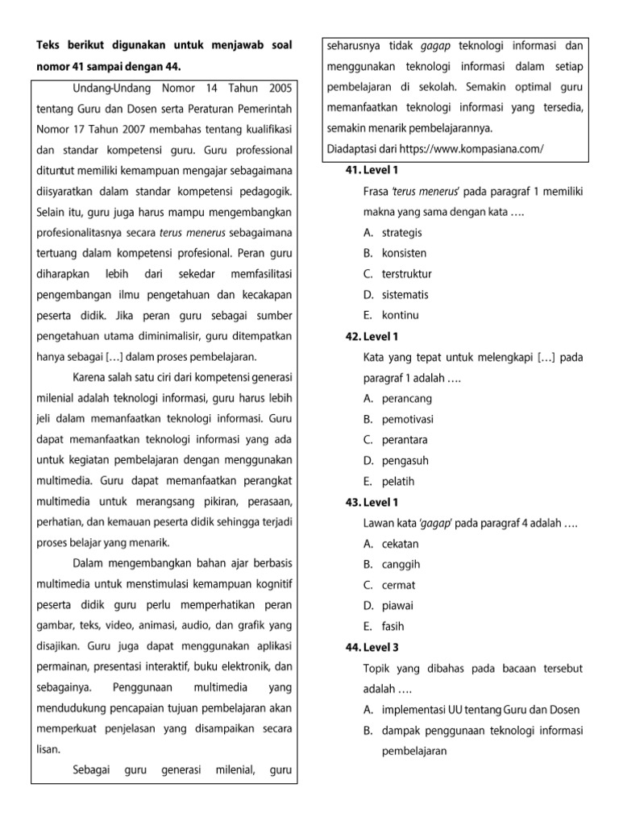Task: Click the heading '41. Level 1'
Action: (x=372, y=170)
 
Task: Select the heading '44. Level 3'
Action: (x=372, y=647)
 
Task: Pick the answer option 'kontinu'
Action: (x=401, y=315)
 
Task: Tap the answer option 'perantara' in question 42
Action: (x=405, y=440)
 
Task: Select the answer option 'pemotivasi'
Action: (x=408, y=419)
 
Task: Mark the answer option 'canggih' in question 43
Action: (x=401, y=565)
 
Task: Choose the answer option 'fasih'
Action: (x=393, y=627)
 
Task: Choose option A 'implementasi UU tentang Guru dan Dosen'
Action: (x=480, y=710)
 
